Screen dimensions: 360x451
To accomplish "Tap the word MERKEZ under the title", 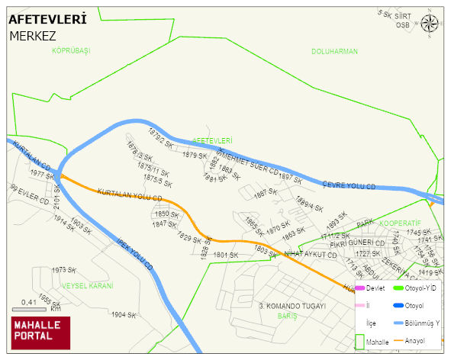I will click(x=34, y=35).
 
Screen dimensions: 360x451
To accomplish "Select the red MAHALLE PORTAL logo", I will click(x=40, y=333).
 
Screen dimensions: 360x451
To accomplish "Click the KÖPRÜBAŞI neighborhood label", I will click(x=71, y=50).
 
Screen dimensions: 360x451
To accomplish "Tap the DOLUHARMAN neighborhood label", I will click(x=334, y=51).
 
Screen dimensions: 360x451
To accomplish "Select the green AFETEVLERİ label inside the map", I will click(x=212, y=140).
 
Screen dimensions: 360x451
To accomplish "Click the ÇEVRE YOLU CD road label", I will click(x=349, y=185).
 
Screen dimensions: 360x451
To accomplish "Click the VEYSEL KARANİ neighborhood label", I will click(x=87, y=285).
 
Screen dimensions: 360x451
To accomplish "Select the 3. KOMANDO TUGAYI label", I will click(x=292, y=305).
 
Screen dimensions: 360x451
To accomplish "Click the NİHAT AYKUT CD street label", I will click(x=310, y=254).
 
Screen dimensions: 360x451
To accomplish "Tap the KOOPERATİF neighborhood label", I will click(x=401, y=224).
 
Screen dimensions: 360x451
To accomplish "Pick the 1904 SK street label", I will click(x=123, y=314).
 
